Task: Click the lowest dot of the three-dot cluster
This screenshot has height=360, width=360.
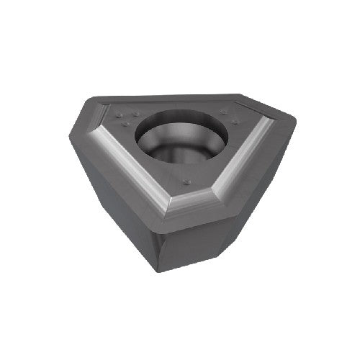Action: pos(127,123)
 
